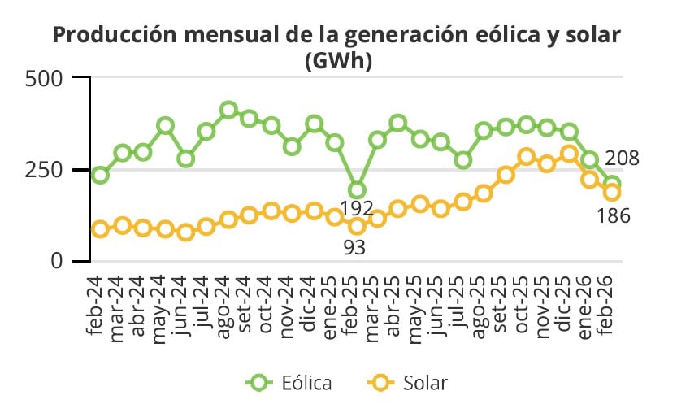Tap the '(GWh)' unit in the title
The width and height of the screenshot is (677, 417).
pos(337,61)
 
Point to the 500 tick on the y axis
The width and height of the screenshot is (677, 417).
pos(46,79)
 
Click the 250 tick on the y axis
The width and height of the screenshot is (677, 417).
pos(46,170)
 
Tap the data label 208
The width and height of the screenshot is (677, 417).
pos(622,159)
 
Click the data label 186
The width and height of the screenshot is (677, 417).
pos(614,216)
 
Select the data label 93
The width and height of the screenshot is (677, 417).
pos(354,247)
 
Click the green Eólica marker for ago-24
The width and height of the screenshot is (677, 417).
pos(228,111)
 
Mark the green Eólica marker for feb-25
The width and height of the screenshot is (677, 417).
pos(356,191)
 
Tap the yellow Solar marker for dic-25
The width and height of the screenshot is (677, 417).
pos(569,154)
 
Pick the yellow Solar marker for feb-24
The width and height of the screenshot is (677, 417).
pos(100,229)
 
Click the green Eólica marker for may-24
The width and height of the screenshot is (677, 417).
pos(165,126)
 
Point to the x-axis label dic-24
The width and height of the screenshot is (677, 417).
pos(308,302)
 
